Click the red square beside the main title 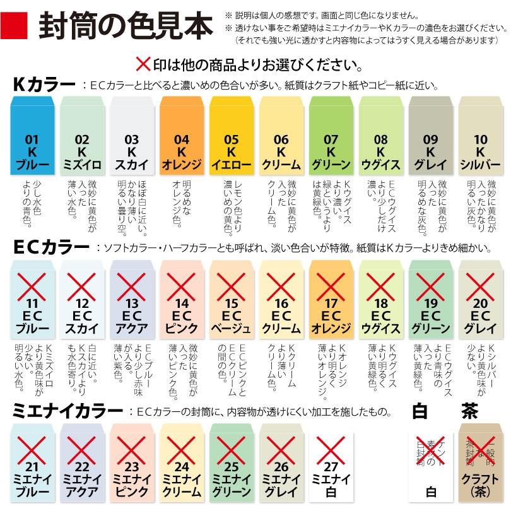click(x=18, y=27)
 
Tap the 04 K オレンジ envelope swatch click(x=182, y=136)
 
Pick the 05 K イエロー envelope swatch click(x=232, y=136)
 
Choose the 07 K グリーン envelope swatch click(x=331, y=136)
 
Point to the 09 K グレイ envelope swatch click(x=431, y=136)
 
